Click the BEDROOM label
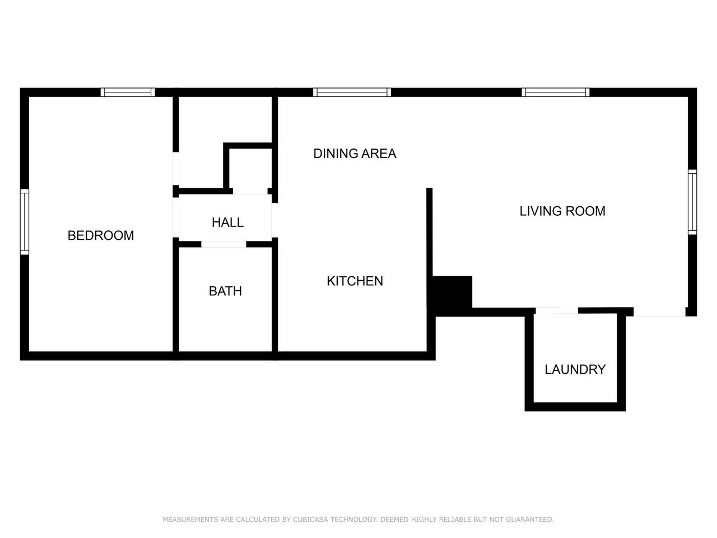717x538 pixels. pos(101,235)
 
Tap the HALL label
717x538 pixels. pos(227,222)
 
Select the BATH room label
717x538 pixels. pos(225,291)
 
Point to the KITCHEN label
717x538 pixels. pos(355,281)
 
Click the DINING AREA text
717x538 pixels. pos(355,154)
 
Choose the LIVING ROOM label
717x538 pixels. pos(562,211)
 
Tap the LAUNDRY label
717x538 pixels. pos(575,369)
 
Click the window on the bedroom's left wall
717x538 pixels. pos(25,221)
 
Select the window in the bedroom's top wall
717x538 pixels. pos(128,92)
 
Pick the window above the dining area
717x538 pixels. pos(352,92)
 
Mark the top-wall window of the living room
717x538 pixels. pos(555,92)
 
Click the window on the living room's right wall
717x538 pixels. pos(692,202)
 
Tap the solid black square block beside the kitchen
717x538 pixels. pos(453,292)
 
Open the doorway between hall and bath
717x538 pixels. pos(224,244)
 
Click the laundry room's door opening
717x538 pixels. pos(557,310)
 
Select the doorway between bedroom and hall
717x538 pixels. pos(176,217)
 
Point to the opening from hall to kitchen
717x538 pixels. pos(274,220)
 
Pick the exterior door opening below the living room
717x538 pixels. pos(659,313)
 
